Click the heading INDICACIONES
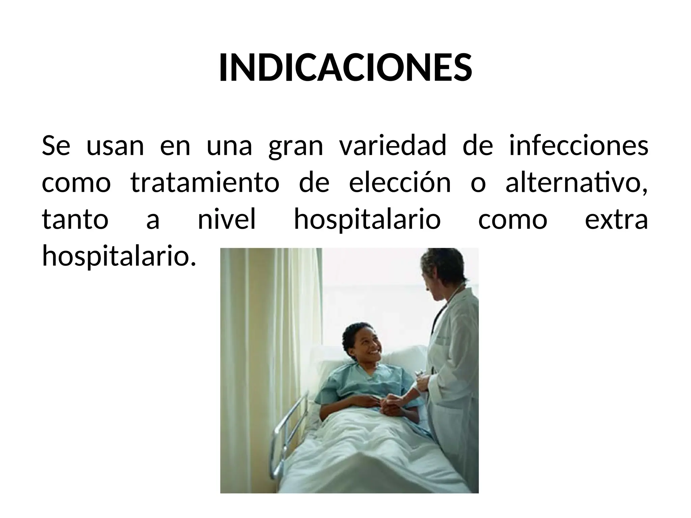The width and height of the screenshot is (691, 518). pos(345,67)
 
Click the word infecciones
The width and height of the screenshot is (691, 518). pos(578,146)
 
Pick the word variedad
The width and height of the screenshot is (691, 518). pos(392,146)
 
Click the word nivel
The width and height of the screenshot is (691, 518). pos(227,219)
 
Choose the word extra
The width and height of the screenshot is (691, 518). pos(616,219)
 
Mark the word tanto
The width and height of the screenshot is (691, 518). pos(75,219)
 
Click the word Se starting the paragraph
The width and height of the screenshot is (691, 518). pos(56,146)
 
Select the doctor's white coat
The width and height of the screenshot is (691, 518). pos(455,371)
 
